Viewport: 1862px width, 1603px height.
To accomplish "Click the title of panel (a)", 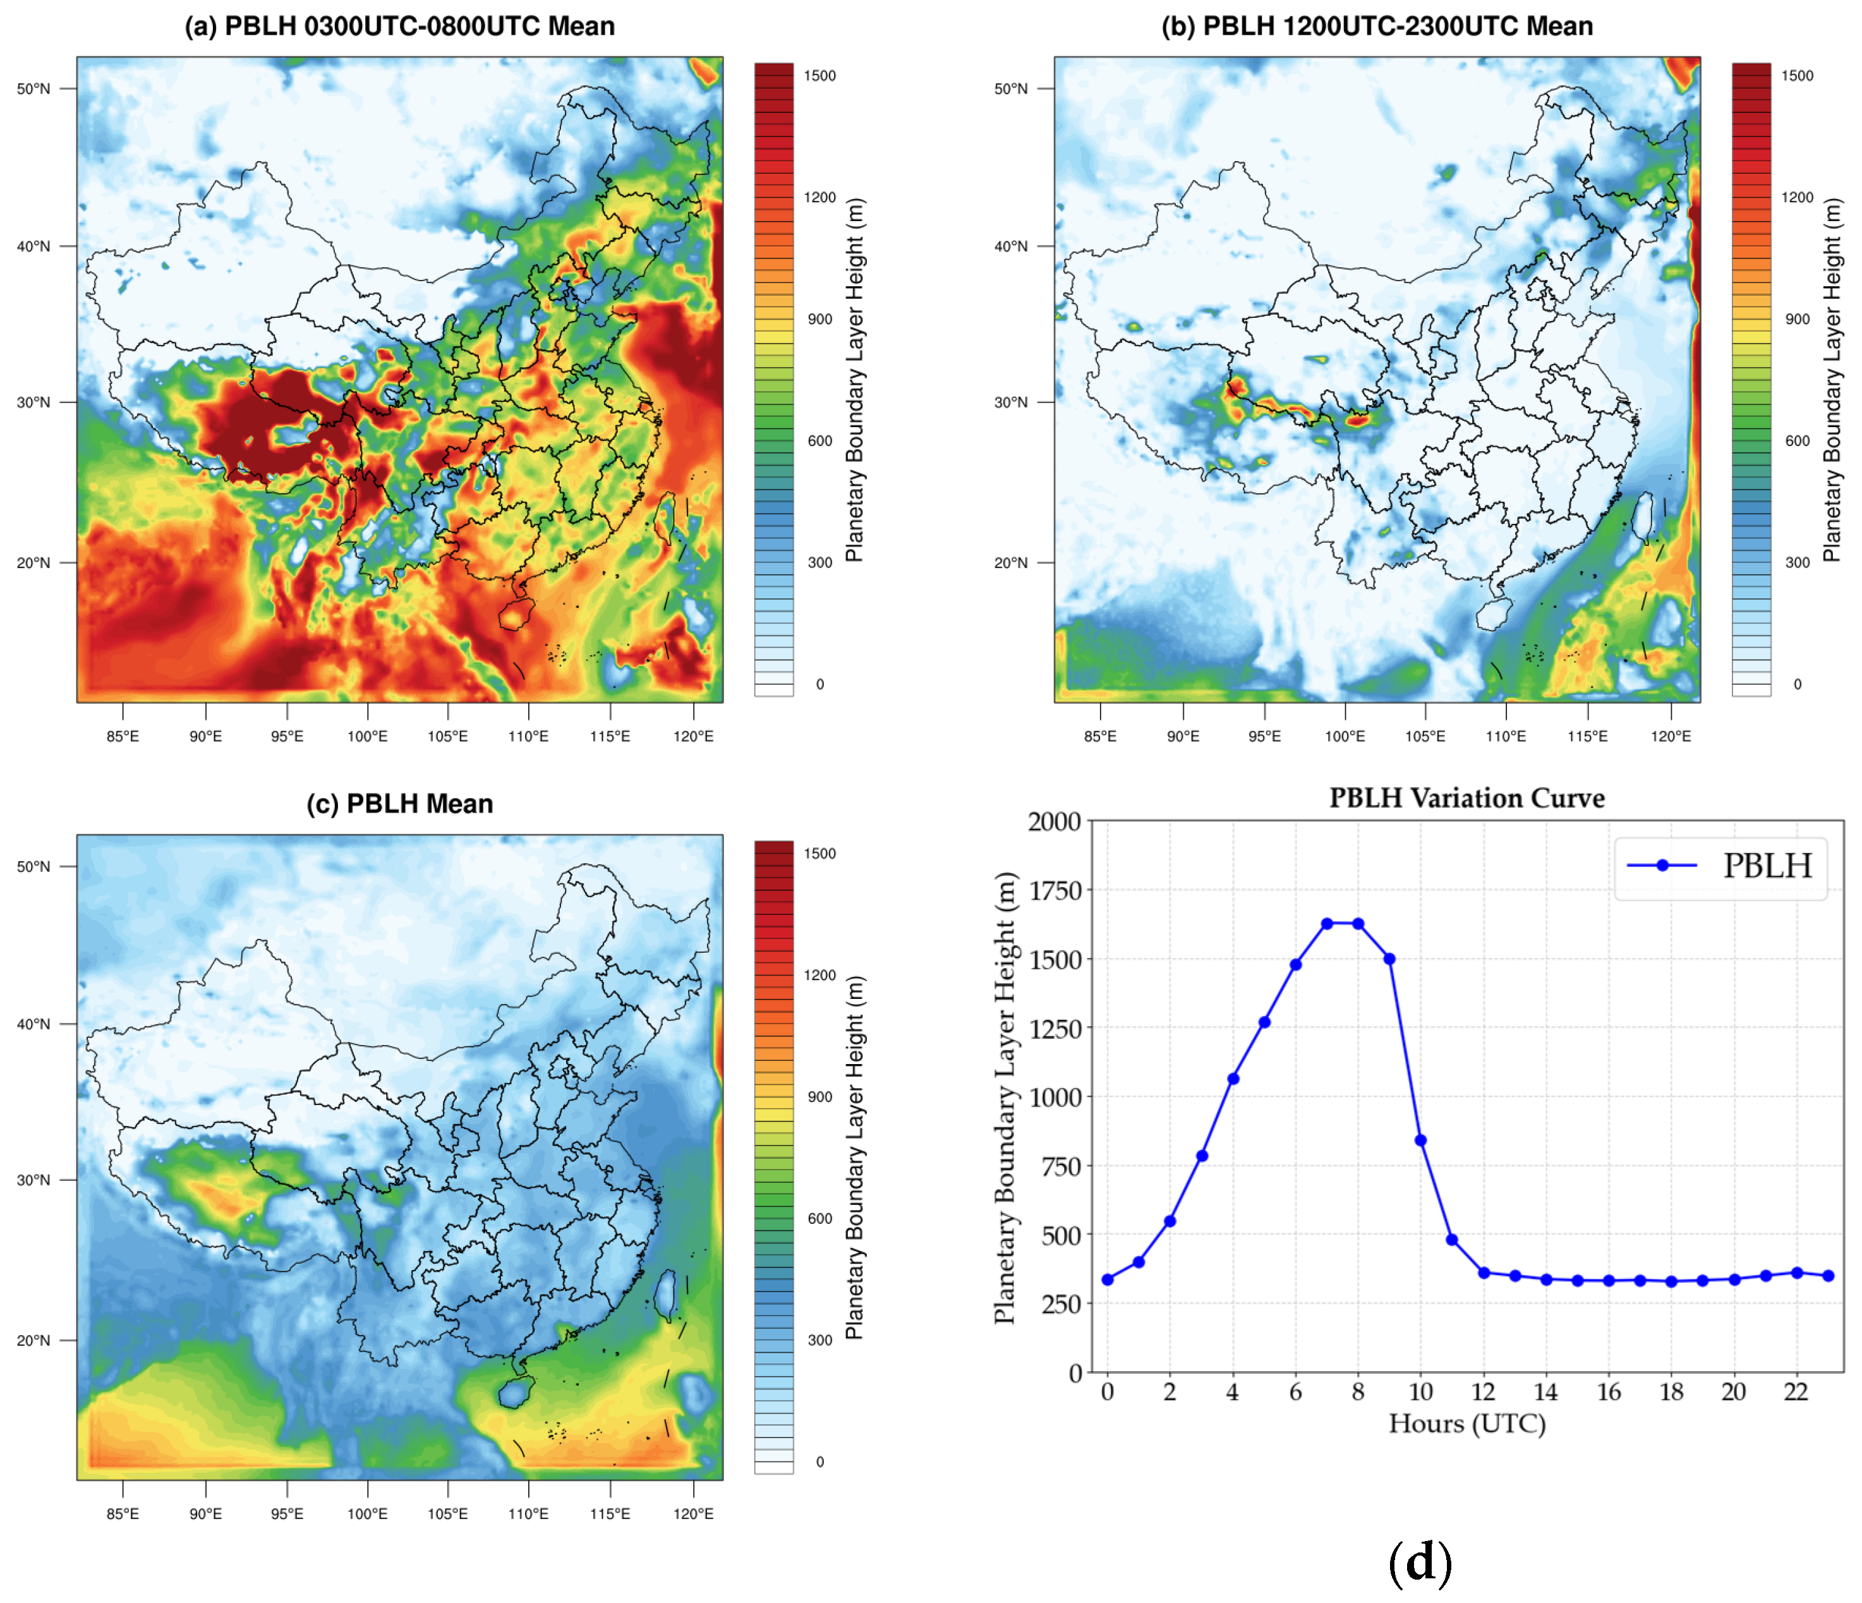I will [x=400, y=26].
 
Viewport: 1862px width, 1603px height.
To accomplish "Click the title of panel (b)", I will [x=1377, y=26].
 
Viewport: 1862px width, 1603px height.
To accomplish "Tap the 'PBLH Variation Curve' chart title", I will [x=1466, y=798].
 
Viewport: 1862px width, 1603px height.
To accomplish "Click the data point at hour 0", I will [x=1107, y=1279].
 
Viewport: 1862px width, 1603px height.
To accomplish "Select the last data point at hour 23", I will [x=1829, y=1276].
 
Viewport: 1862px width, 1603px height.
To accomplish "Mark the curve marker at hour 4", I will [x=1233, y=1079].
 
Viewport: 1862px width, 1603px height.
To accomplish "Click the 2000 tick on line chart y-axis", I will [x=1054, y=821].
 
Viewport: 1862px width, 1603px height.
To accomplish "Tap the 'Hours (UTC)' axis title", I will [x=1466, y=1424].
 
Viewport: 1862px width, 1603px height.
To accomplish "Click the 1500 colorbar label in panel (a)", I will [x=819, y=75].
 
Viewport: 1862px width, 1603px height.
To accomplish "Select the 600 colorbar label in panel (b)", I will [x=1798, y=440].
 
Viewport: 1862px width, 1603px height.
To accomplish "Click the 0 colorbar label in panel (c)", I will [x=819, y=1462].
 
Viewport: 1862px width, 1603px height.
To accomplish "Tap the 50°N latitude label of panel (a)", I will [x=33, y=88].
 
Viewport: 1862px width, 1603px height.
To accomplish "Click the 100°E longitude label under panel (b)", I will [x=1345, y=736].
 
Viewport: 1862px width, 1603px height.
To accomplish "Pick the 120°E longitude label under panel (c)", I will [x=693, y=1514].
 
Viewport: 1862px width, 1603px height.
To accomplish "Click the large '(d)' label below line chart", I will [x=1420, y=1562].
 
